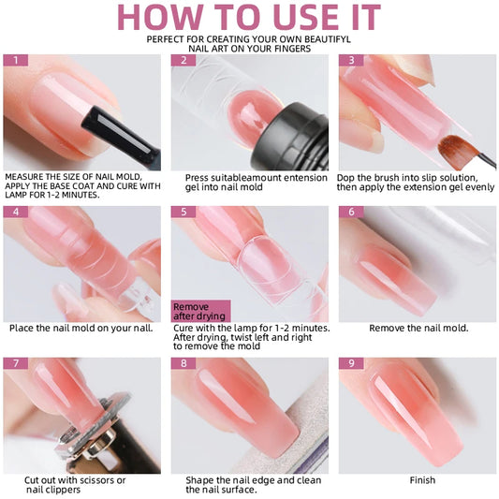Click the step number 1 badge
[x=15, y=60]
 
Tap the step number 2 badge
[x=183, y=60]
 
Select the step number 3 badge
[x=350, y=60]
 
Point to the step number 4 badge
[x=15, y=212]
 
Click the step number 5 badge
[x=183, y=212]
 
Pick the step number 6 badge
[x=350, y=212]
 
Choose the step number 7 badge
[x=15, y=363]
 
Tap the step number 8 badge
[x=183, y=363]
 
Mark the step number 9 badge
[x=350, y=363]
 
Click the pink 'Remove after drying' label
[x=199, y=311]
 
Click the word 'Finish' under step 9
[x=422, y=480]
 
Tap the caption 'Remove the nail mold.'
[x=418, y=328]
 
